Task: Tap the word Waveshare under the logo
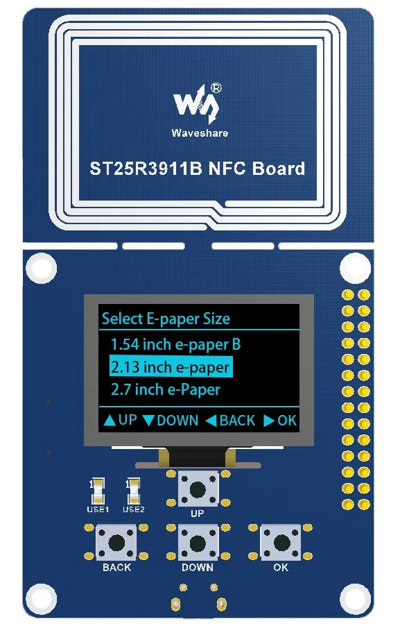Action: (x=200, y=133)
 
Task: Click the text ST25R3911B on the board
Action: (x=146, y=169)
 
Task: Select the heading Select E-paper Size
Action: (x=166, y=319)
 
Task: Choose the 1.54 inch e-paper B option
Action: (x=175, y=345)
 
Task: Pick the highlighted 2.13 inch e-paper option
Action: (x=171, y=367)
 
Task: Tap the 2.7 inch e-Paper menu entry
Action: (x=166, y=389)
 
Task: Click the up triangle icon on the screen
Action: (x=110, y=421)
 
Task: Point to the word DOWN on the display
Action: (x=177, y=421)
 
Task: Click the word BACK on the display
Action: (x=237, y=421)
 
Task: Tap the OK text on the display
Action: (x=287, y=421)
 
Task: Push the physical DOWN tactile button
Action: (x=198, y=543)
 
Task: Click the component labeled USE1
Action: (x=97, y=491)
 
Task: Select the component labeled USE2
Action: (x=133, y=491)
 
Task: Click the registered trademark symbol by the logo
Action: (x=216, y=88)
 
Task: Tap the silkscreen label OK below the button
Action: (x=281, y=568)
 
